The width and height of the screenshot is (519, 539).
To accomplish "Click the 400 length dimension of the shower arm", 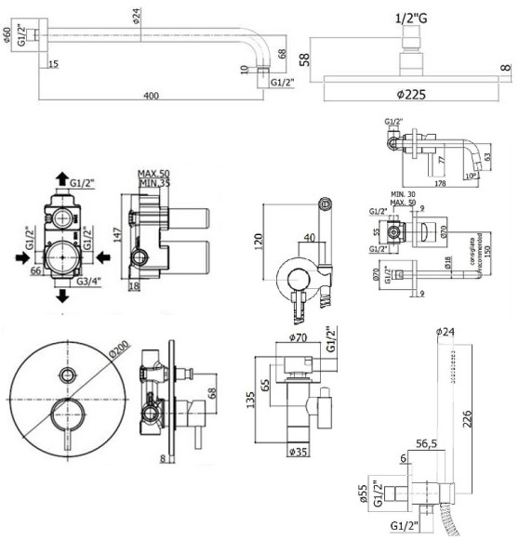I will coord(152,96).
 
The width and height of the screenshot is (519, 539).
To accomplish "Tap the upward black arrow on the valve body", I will coord(60,179).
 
